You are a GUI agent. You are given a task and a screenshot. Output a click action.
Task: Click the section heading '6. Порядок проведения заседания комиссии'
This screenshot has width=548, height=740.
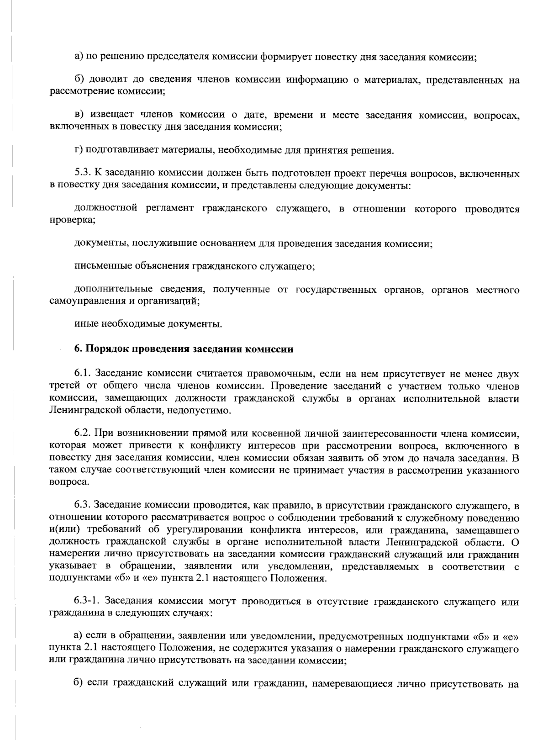pos(184,349)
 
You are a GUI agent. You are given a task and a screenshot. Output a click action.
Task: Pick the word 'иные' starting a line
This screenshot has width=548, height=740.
pos(84,324)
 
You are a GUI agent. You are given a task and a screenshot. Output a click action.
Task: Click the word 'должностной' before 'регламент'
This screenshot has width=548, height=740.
pos(105,209)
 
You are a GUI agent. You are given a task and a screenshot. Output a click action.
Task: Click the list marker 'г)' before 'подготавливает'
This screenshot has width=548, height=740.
pos(78,150)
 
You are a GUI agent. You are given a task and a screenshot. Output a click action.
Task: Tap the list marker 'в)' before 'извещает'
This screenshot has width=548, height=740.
pos(79,115)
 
